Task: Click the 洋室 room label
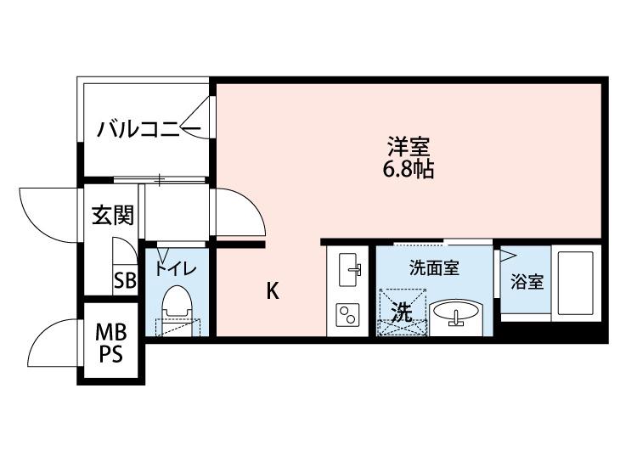click(x=406, y=145)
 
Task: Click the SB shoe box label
click(x=125, y=281)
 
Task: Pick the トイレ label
click(x=176, y=270)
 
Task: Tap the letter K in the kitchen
click(x=272, y=291)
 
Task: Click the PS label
click(x=109, y=354)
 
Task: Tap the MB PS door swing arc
click(x=51, y=344)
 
